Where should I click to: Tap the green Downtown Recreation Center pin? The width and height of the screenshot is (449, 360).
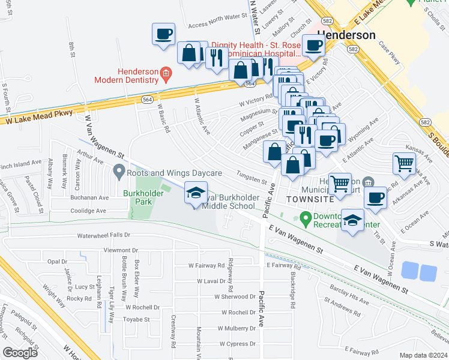tap(305, 217)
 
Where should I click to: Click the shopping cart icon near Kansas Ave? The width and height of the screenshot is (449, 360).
tap(404, 163)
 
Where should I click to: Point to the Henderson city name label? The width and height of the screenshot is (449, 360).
tap(346, 35)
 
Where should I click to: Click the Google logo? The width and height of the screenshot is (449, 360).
tap(20, 352)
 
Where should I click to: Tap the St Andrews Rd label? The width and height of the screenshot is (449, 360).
tap(342, 308)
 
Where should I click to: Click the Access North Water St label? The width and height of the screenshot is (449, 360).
tap(218, 25)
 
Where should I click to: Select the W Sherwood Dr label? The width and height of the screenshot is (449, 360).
tap(235, 296)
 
